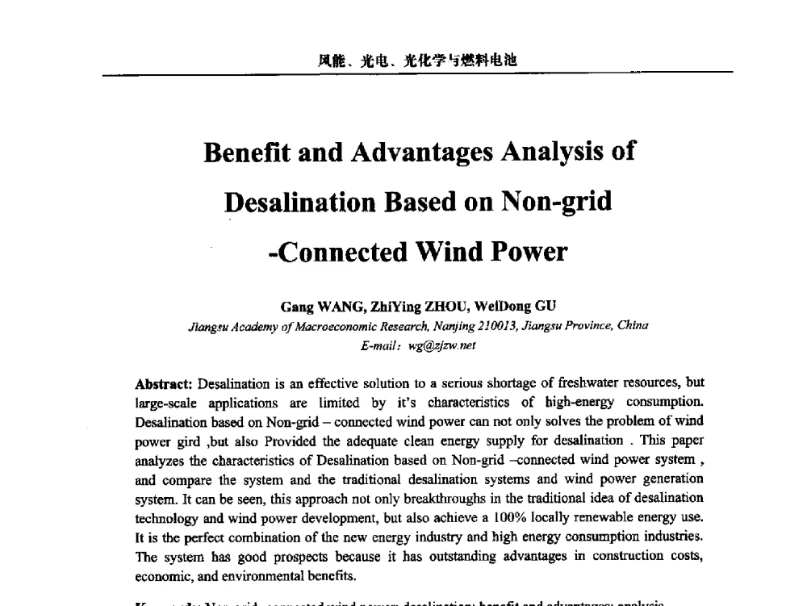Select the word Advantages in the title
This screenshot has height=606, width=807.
click(407, 153)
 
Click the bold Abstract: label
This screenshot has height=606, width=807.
click(165, 382)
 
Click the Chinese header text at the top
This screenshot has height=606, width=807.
click(416, 60)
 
